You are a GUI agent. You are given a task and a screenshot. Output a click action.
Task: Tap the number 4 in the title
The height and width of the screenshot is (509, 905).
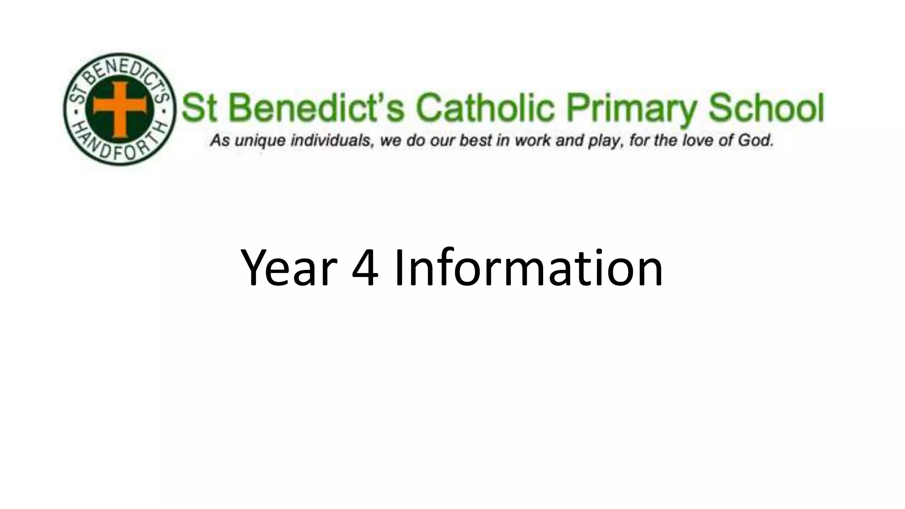[x=365, y=268]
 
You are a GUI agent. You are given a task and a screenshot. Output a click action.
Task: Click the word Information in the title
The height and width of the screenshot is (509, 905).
[x=529, y=268]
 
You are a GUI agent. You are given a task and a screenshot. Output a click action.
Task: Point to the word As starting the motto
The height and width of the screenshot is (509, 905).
[x=220, y=141]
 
